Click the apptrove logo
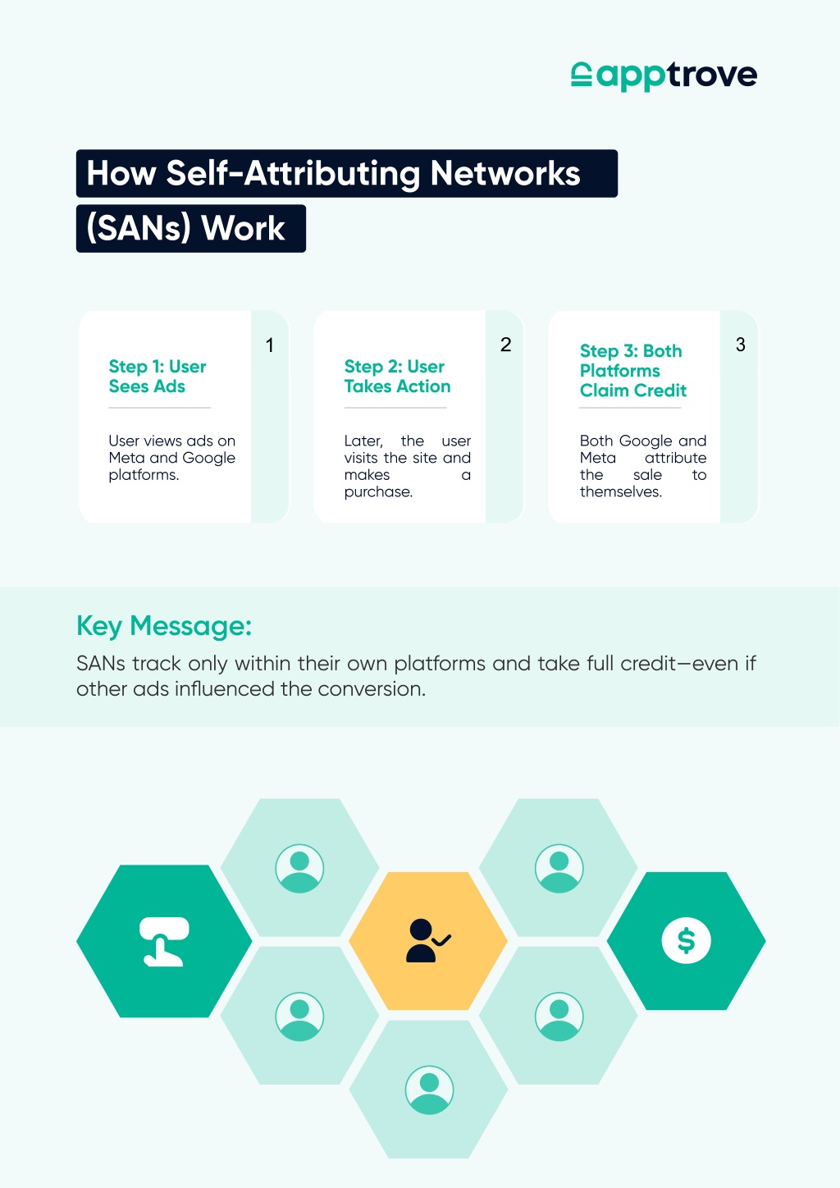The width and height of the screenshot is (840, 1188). point(664,75)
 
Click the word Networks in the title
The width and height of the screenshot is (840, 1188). point(505,173)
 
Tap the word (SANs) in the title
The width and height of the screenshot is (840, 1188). point(138,228)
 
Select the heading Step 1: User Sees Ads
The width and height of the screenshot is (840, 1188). point(157,376)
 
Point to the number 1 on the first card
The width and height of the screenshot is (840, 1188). point(269,345)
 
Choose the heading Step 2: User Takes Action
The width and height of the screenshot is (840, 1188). point(397,376)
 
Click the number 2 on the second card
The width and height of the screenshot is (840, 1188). point(505,345)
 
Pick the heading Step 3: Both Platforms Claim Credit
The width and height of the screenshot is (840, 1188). point(632,370)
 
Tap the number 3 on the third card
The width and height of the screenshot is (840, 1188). point(740,345)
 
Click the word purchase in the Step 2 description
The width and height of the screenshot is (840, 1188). point(377,492)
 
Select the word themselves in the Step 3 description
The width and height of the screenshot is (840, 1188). point(619,491)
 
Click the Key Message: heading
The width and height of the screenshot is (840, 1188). point(164,626)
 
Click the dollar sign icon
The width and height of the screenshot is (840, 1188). point(687,941)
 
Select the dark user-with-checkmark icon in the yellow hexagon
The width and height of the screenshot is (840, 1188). point(428,940)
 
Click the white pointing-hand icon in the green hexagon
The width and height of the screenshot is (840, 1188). point(164,941)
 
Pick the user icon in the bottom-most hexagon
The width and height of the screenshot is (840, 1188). point(429,1090)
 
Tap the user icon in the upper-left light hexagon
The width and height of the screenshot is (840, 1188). point(299,869)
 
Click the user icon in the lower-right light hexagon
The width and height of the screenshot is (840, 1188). point(559,1017)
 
